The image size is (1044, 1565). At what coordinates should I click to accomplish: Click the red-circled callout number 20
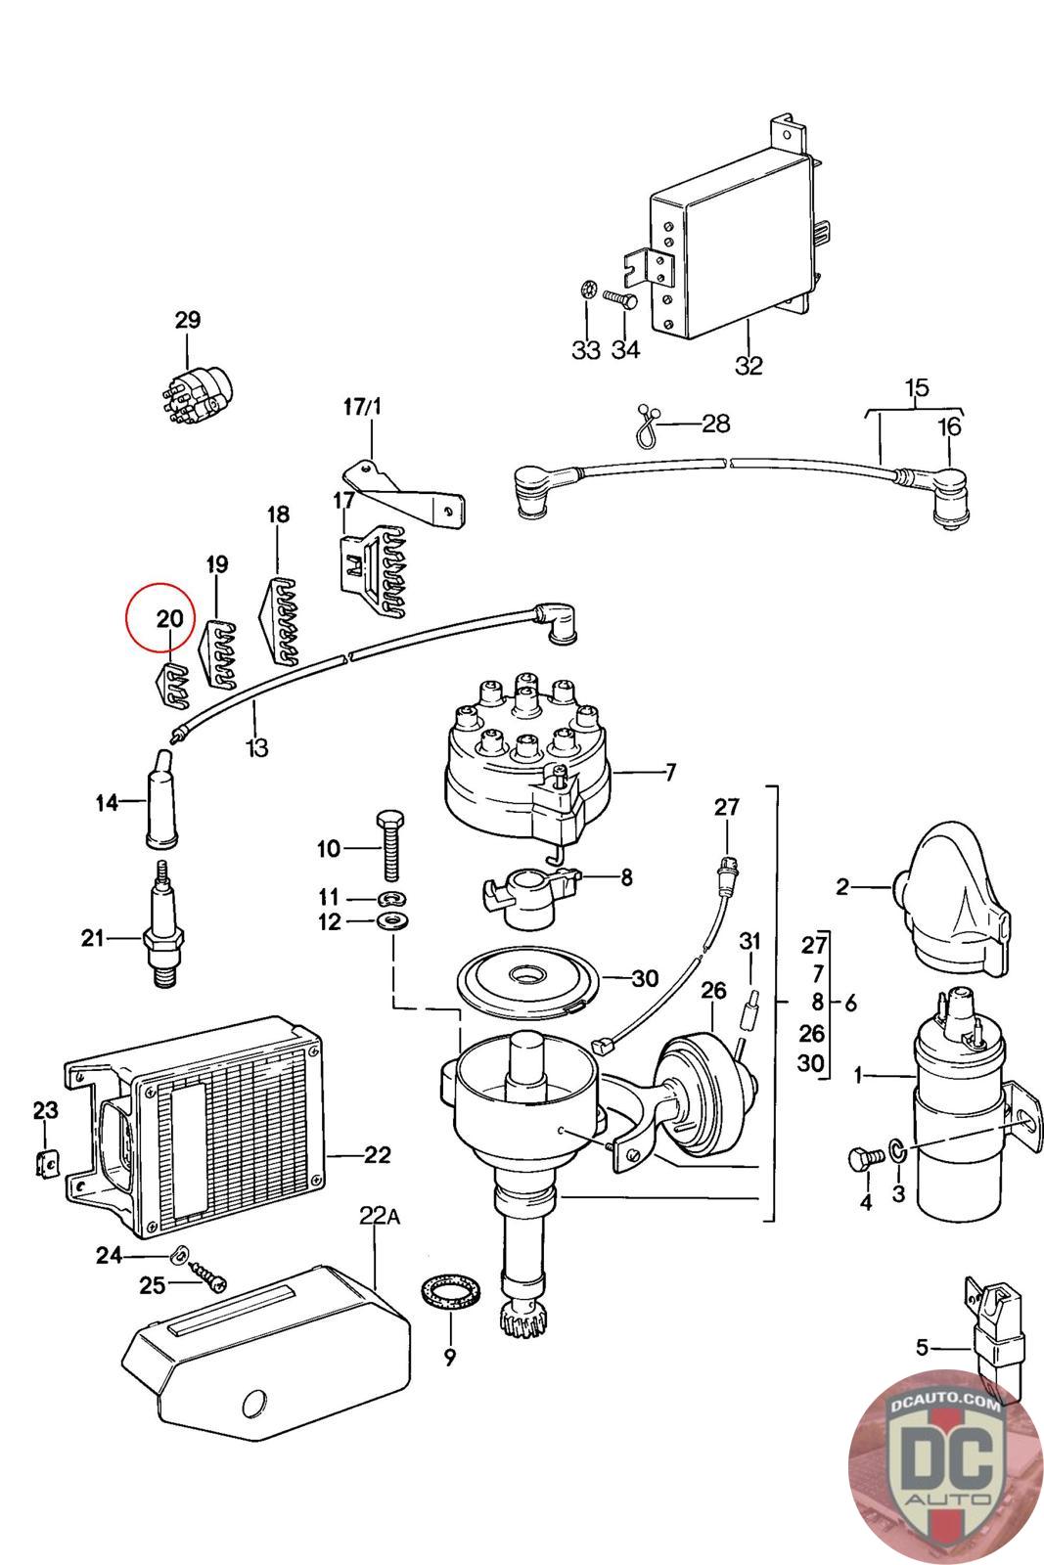pos(170,618)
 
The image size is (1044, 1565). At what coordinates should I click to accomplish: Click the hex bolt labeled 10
pos(390,845)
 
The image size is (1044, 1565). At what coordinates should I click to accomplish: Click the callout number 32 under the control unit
pos(749,366)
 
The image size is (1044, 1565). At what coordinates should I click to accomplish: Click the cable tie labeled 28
pos(648,426)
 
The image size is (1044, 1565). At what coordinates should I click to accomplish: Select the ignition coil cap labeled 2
pos(949,899)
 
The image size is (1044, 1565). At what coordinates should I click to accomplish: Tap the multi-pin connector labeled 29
pos(194,398)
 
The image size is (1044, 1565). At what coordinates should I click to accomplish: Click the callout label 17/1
pos(363,407)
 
